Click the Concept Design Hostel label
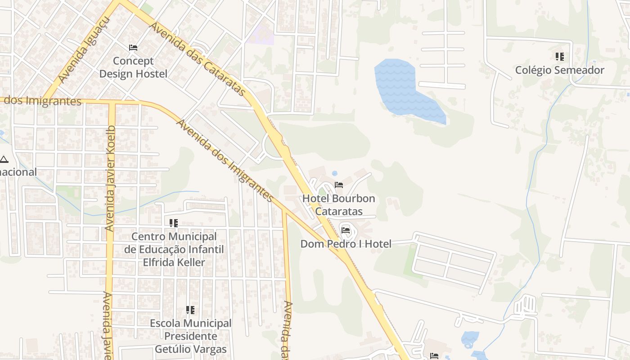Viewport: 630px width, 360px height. click(133, 67)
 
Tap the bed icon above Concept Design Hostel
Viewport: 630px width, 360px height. click(133, 47)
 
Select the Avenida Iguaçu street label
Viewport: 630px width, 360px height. click(84, 50)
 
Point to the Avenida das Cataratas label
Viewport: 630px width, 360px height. click(198, 59)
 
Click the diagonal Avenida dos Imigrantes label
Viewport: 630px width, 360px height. click(224, 160)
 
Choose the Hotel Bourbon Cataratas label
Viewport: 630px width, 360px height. click(338, 205)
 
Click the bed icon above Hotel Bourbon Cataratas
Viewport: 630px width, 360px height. click(339, 185)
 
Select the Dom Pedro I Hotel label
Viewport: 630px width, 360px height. click(346, 244)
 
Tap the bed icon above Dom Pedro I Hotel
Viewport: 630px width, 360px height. click(346, 230)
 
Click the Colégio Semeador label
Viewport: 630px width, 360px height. click(559, 70)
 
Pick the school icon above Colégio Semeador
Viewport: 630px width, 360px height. click(559, 57)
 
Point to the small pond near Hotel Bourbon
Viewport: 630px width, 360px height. click(334, 173)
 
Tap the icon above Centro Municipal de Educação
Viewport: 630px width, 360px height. click(174, 223)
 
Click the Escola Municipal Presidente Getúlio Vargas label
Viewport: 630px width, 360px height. click(190, 336)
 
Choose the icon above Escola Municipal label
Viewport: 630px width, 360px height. click(190, 310)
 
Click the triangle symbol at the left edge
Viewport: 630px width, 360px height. click(4, 159)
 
